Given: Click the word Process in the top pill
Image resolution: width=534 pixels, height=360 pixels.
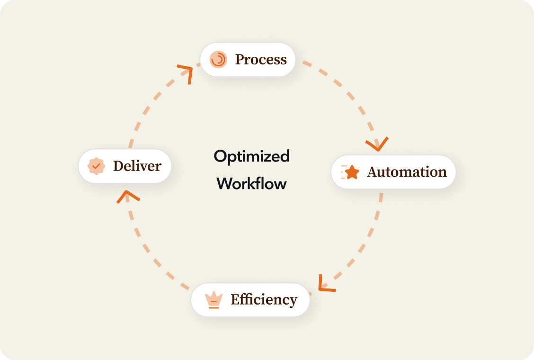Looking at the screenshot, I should click(x=261, y=60).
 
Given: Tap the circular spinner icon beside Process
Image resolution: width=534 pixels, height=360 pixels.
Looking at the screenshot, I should click(x=218, y=59).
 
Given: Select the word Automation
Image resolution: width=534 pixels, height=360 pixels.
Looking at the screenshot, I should click(x=407, y=172).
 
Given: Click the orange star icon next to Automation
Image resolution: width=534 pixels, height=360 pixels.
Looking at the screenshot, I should click(x=352, y=172).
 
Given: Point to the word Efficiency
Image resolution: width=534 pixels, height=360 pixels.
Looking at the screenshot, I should click(x=264, y=300).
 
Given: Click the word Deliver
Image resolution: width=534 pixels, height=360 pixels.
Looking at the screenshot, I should click(x=137, y=166).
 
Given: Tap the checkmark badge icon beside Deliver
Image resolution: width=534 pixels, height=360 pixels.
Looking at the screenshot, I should click(x=97, y=166).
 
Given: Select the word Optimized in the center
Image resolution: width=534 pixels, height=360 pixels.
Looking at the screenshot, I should click(x=251, y=156).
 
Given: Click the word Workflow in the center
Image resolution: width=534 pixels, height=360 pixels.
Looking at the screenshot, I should click(x=251, y=183).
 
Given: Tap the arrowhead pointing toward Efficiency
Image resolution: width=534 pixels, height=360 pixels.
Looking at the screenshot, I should click(x=324, y=284).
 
